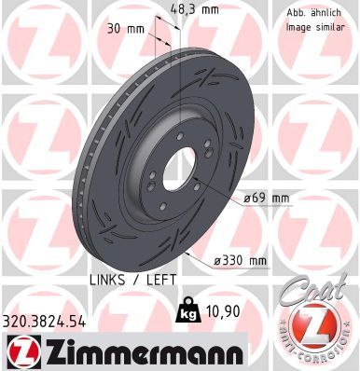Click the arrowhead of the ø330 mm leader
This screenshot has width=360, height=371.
tap(186, 249)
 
